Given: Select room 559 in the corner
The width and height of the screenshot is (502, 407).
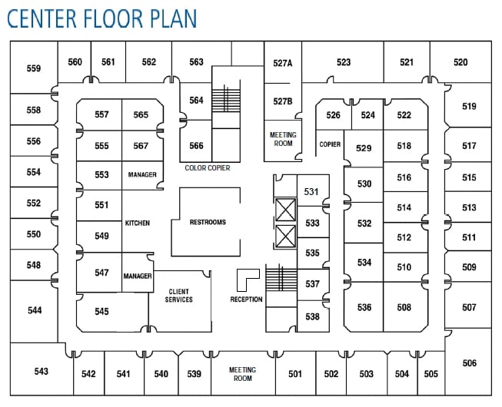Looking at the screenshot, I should [x=33, y=68].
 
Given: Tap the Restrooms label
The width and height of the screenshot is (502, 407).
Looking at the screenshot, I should [x=208, y=222].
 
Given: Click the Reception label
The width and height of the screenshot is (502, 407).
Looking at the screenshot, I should [x=246, y=299].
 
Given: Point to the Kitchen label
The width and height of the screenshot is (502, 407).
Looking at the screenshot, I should [x=137, y=223].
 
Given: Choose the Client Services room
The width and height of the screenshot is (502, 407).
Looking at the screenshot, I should [x=179, y=296].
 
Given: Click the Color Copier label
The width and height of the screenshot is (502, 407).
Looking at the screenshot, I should [x=208, y=167].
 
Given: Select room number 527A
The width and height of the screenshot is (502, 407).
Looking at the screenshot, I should [x=283, y=63].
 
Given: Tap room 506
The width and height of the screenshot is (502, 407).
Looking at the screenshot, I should [x=469, y=363].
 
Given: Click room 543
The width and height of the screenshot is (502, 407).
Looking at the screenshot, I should [x=41, y=372].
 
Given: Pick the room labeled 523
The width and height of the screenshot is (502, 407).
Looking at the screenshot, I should [x=343, y=62].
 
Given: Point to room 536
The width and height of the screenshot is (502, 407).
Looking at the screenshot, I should [x=364, y=307].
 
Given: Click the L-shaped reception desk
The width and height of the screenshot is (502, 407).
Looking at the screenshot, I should [x=247, y=277].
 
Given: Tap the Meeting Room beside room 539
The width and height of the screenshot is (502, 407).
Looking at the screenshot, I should [x=242, y=374].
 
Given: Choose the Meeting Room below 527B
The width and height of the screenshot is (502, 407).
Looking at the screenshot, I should [x=282, y=140].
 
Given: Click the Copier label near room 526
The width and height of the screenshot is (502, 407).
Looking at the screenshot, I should [x=330, y=144].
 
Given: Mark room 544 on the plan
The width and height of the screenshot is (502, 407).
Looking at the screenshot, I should [x=34, y=310].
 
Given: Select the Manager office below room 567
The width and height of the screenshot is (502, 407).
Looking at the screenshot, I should [x=141, y=174].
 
